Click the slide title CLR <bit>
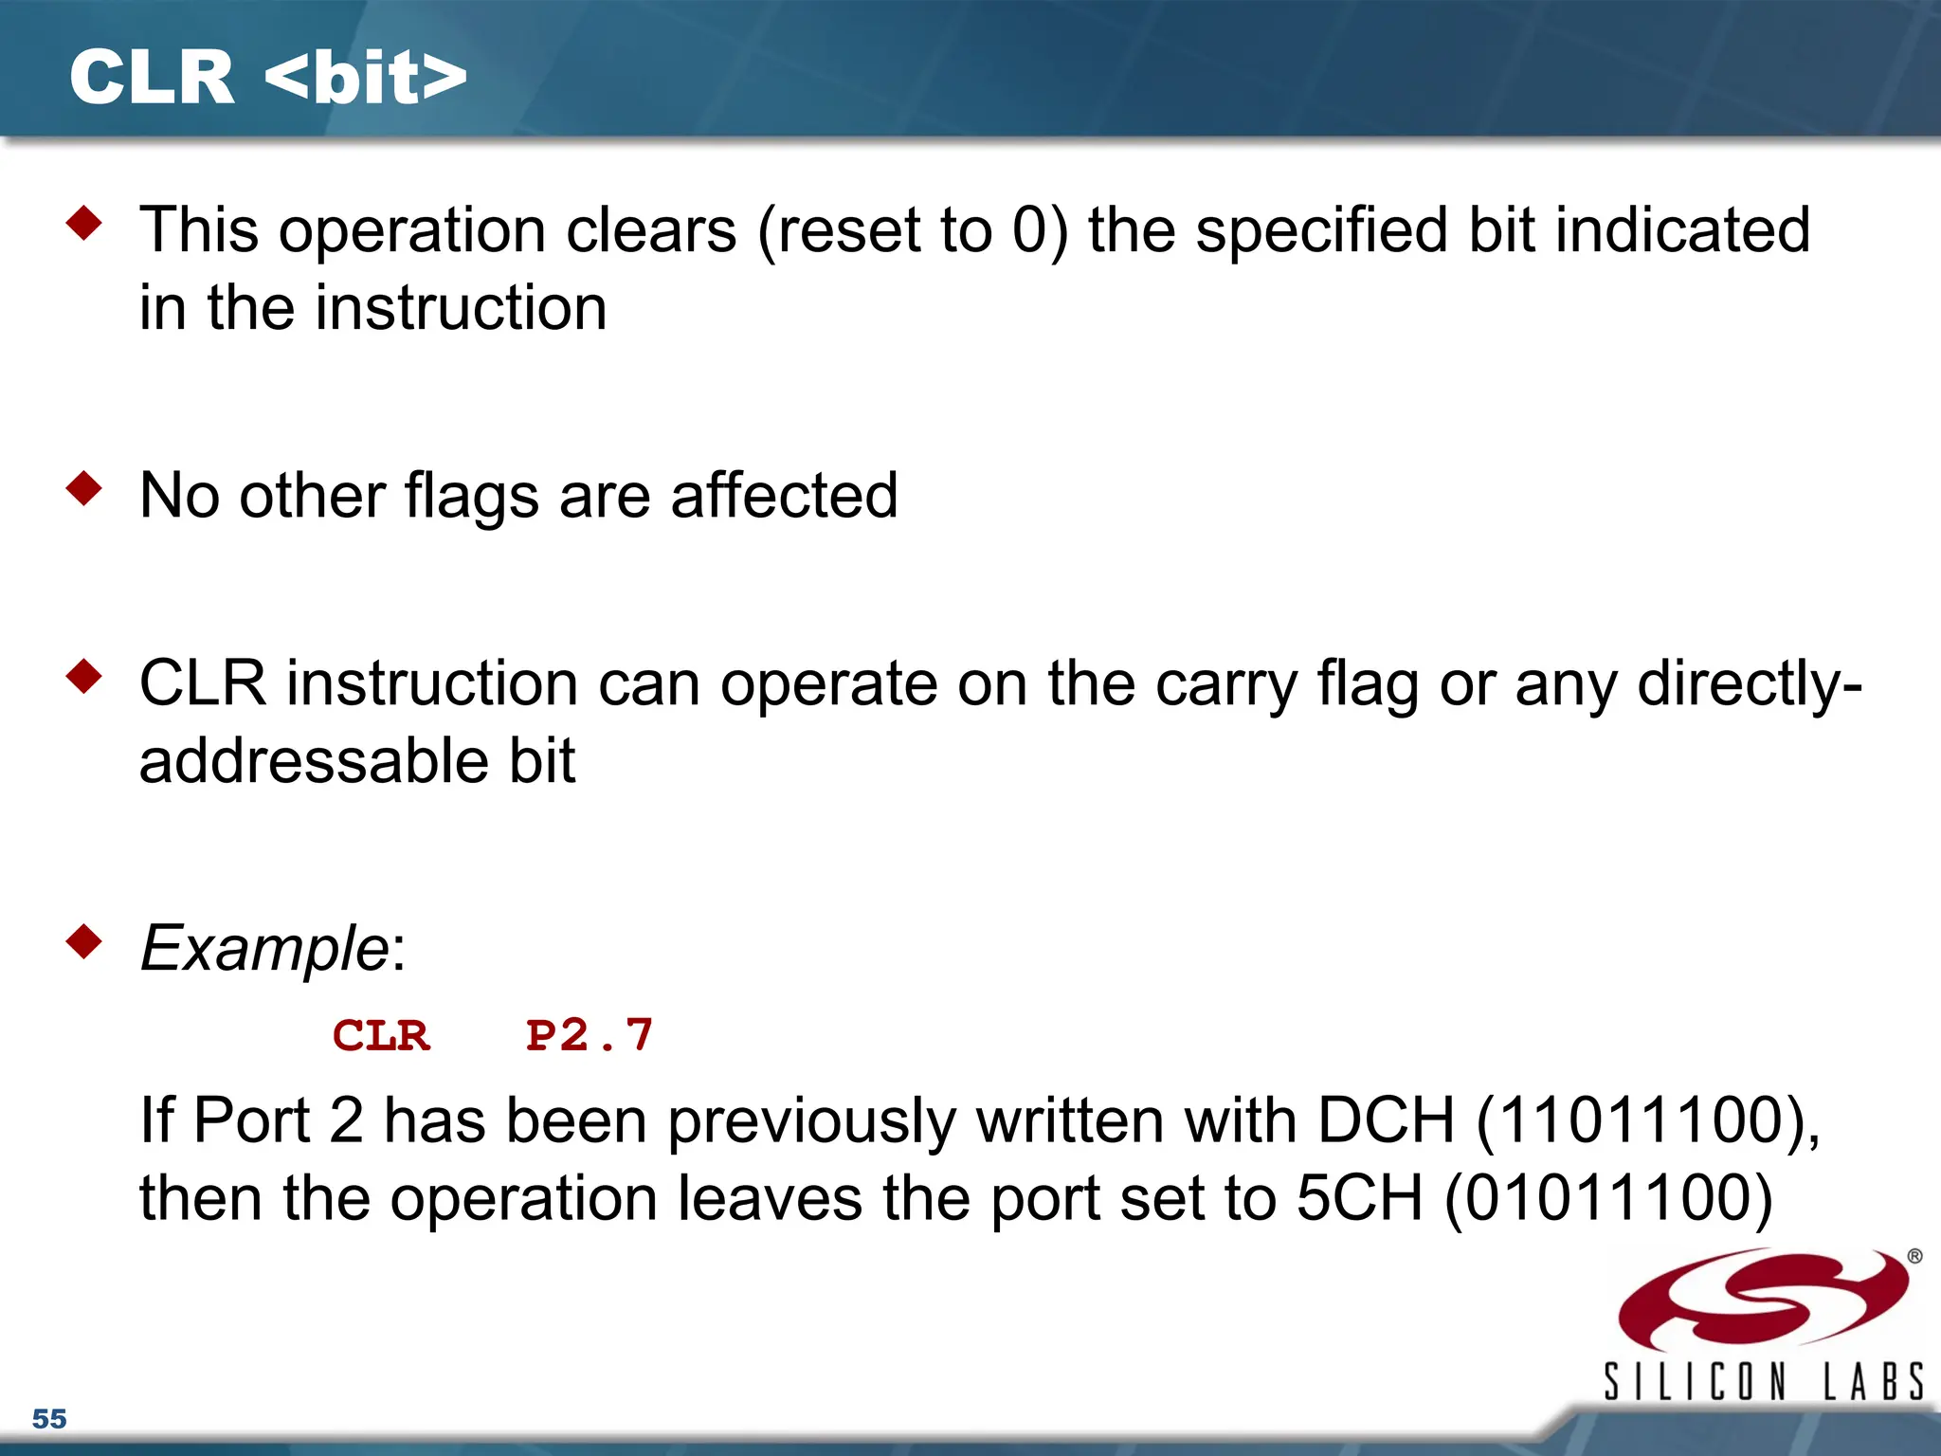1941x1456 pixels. (x=268, y=78)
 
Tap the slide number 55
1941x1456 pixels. (x=49, y=1419)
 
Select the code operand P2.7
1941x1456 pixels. (x=590, y=1035)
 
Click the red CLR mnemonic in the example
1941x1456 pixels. (x=381, y=1035)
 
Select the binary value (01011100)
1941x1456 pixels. (x=1608, y=1198)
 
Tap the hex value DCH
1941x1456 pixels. (x=1386, y=1120)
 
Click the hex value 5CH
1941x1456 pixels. (x=1359, y=1198)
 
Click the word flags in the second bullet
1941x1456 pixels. (x=472, y=497)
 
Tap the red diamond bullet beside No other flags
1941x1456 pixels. (x=84, y=489)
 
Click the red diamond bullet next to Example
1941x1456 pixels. (x=84, y=942)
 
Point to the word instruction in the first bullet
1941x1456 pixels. (x=461, y=308)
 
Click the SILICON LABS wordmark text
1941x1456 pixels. (x=1763, y=1382)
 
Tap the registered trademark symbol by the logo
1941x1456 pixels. (x=1914, y=1257)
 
